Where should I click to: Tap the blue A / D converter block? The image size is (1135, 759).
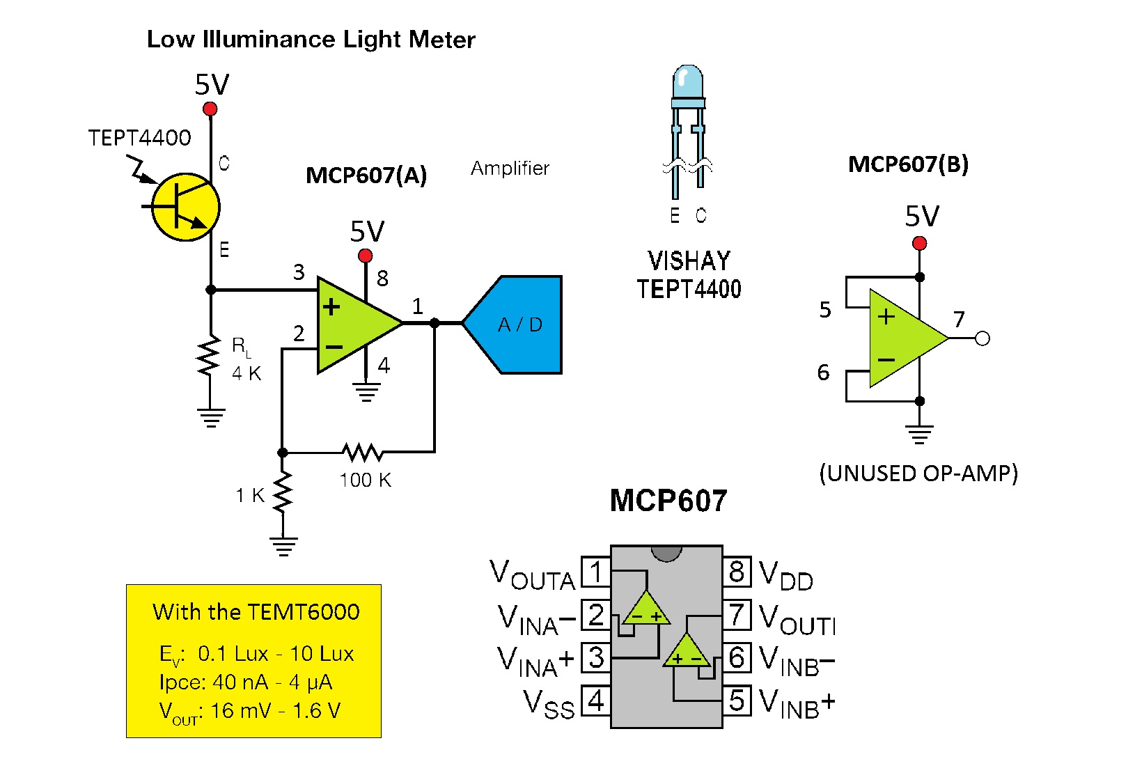point(519,324)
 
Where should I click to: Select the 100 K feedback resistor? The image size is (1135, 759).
point(362,453)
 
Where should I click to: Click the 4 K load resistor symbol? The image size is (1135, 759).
point(210,357)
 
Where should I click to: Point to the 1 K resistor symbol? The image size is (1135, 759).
point(283,492)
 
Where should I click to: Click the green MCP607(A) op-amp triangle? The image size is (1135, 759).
point(354,324)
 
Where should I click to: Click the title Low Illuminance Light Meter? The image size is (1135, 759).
point(311,40)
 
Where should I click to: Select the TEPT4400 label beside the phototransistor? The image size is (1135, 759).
point(139,138)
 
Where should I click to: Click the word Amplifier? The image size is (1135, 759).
point(510,169)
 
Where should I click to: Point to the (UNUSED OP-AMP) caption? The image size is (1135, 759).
point(918,474)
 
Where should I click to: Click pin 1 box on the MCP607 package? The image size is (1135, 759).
point(595,572)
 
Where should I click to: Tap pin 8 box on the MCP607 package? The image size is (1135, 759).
point(737,572)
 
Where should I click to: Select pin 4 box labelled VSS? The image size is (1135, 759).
point(595,701)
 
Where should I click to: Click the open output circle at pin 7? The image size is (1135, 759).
point(983,339)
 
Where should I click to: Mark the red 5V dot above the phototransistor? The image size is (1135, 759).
point(210,109)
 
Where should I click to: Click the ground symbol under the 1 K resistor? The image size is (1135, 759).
point(283,545)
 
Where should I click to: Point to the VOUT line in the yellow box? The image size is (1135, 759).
point(249,711)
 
